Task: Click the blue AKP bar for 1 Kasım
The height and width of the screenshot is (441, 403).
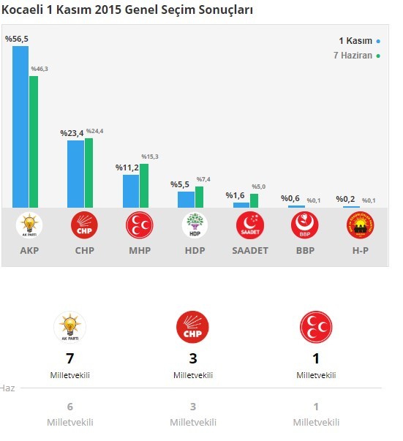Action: click(20, 127)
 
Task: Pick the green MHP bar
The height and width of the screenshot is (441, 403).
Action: click(144, 186)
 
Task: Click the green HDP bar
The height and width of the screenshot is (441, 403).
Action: click(199, 197)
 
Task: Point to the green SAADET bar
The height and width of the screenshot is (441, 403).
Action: click(254, 200)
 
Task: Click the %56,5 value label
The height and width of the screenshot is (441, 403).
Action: click(17, 39)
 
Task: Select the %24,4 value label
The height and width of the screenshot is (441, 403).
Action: click(95, 131)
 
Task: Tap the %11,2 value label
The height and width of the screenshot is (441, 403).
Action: click(127, 167)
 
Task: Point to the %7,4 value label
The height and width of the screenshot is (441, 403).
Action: click(204, 179)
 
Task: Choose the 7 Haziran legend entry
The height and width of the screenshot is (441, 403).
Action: click(355, 56)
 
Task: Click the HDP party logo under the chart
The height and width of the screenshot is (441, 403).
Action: click(194, 225)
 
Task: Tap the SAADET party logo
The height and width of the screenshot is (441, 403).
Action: click(249, 225)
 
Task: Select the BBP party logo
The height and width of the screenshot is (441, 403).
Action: click(304, 225)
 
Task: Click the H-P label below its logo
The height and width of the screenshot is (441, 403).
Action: click(360, 250)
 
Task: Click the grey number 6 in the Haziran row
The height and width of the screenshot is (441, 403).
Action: click(70, 408)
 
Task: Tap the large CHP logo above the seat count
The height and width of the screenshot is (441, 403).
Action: click(193, 328)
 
